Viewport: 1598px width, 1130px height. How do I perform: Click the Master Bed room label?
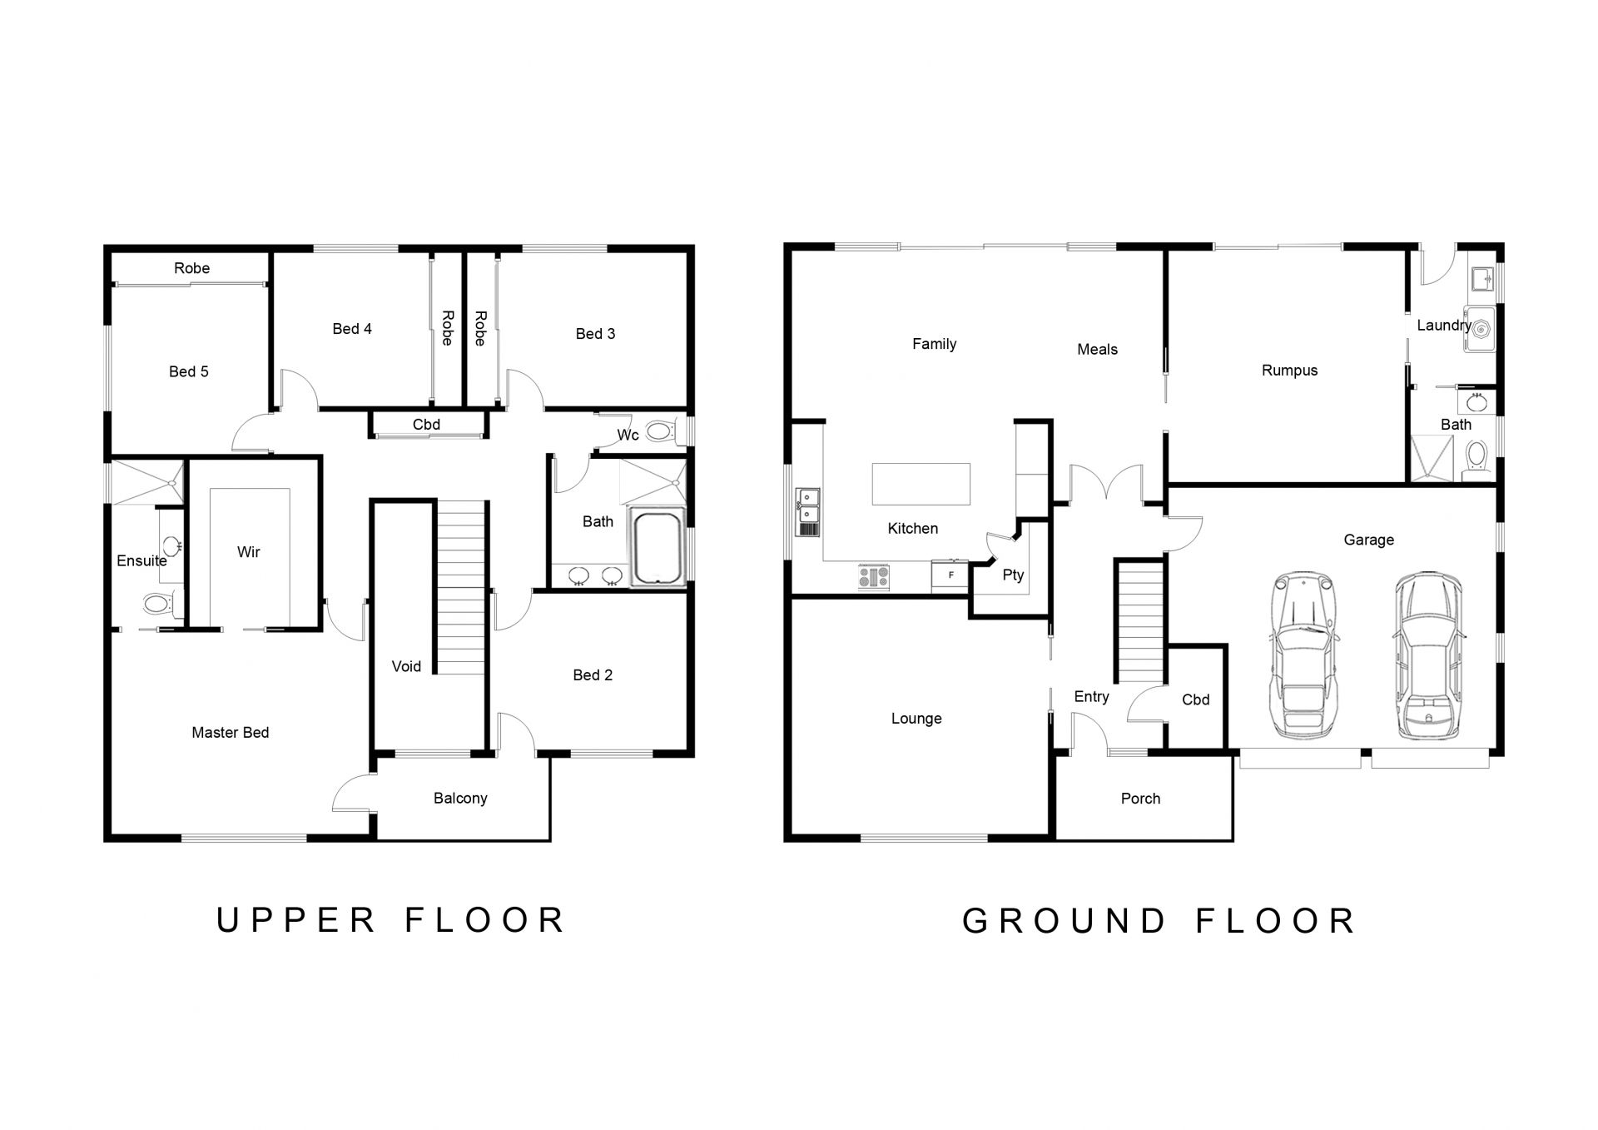231,733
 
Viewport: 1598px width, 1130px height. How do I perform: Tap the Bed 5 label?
189,371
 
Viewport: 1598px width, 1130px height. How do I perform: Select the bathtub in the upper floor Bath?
658,546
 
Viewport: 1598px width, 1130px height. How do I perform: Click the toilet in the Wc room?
662,431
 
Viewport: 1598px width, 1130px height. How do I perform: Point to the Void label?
406,666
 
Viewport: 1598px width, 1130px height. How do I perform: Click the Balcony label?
460,799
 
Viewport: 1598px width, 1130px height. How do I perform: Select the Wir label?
248,552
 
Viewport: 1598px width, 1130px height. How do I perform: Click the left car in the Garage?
1303,655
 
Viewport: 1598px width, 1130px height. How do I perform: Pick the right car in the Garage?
1428,655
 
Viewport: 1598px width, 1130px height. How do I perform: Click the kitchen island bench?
921,484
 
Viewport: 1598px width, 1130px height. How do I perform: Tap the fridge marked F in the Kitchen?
950,575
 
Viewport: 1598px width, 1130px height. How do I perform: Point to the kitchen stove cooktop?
874,577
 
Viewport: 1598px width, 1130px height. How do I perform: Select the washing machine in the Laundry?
1480,328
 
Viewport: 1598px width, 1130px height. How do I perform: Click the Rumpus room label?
1289,371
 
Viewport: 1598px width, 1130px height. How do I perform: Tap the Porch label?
1140,799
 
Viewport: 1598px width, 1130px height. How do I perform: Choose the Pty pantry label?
1013,575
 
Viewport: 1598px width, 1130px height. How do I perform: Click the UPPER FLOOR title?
390,920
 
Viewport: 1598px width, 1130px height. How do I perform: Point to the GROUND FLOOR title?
1159,921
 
